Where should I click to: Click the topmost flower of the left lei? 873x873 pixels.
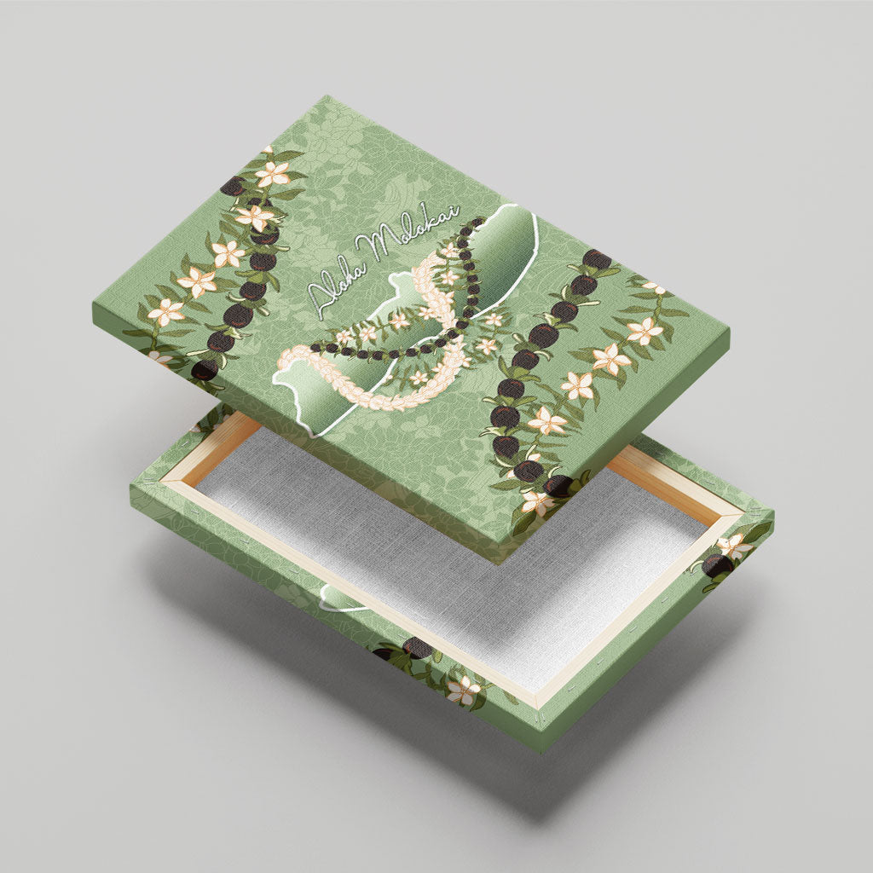click(273, 174)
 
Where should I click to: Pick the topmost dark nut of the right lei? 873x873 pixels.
click(596, 260)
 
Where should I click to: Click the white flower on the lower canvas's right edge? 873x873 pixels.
click(734, 546)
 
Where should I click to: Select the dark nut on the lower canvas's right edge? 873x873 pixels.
click(716, 565)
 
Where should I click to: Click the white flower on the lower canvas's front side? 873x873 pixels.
click(463, 691)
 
